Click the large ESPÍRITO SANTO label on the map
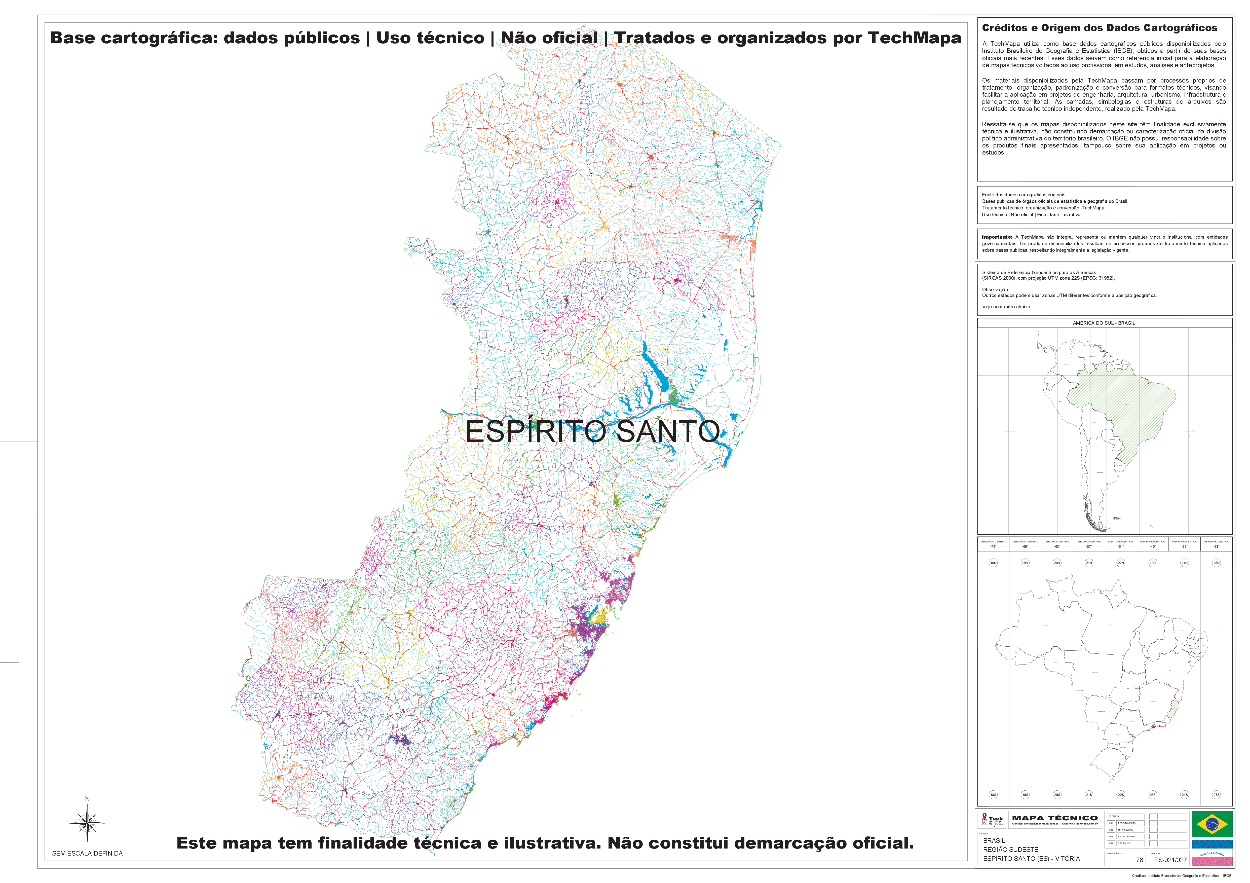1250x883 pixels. (592, 431)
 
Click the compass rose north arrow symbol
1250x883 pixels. (87, 823)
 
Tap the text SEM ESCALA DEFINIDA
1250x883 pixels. (87, 853)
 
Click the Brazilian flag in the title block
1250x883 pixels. (1212, 824)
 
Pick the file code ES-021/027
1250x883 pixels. (1170, 860)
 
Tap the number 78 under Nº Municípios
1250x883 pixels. (1140, 860)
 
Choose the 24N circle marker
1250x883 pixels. (1184, 563)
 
